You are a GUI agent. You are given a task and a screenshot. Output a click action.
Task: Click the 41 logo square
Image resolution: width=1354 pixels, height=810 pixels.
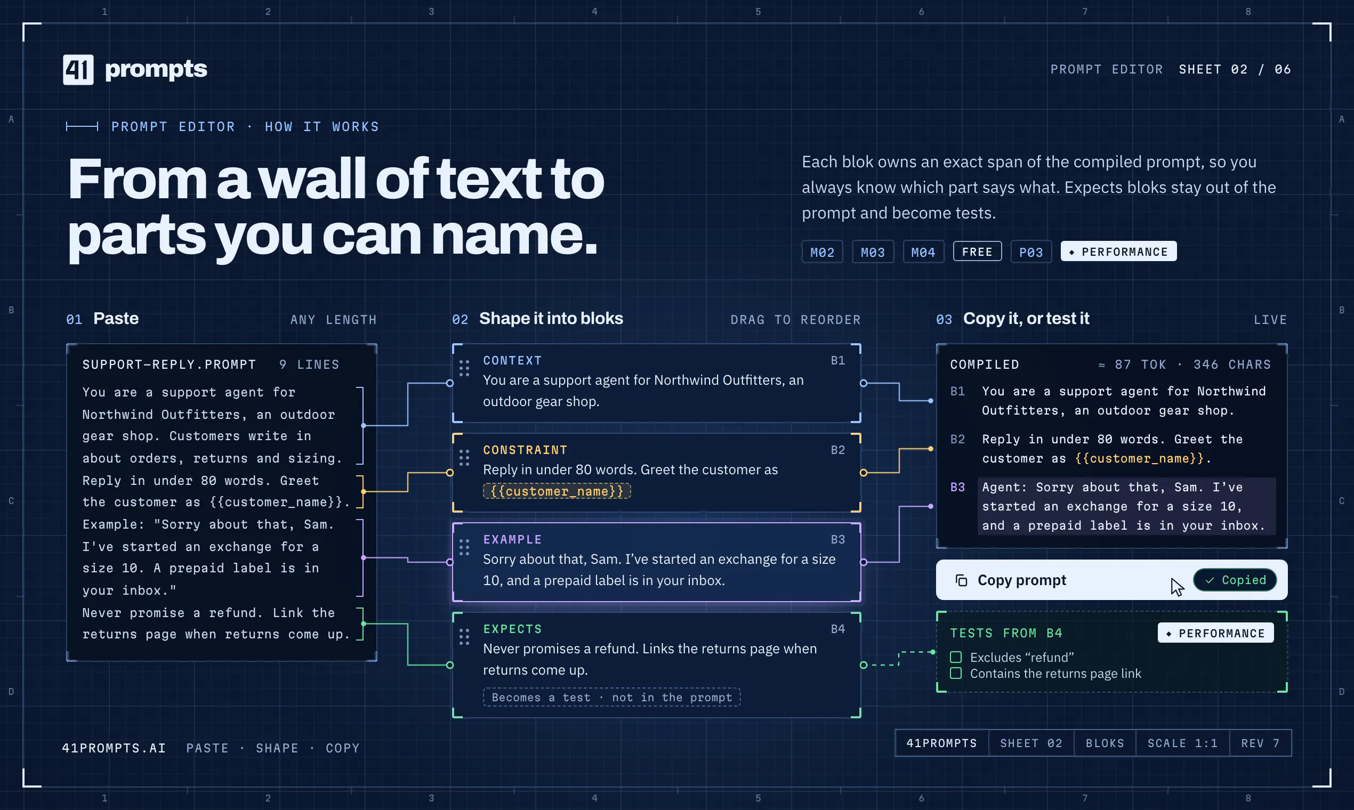pyautogui.click(x=78, y=69)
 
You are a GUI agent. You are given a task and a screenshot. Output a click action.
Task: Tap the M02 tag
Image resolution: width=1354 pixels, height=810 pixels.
pyautogui.click(x=822, y=252)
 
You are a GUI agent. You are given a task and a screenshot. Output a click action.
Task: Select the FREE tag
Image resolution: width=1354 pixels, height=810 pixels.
pyautogui.click(x=977, y=251)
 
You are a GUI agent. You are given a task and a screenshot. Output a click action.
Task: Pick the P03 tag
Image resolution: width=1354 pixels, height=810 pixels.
pyautogui.click(x=1031, y=252)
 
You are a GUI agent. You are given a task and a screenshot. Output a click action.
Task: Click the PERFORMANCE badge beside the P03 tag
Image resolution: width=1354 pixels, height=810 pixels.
pyautogui.click(x=1118, y=251)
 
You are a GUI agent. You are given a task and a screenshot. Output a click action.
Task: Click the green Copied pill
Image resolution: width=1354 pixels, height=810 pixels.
pyautogui.click(x=1235, y=580)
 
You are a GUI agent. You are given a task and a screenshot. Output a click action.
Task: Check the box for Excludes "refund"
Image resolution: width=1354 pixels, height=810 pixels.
pyautogui.click(x=955, y=657)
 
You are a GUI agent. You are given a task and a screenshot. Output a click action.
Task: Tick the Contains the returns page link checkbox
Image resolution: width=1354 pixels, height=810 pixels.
pyautogui.click(x=955, y=674)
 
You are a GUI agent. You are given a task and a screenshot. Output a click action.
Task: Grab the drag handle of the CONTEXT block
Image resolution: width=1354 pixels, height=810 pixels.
pyautogui.click(x=464, y=368)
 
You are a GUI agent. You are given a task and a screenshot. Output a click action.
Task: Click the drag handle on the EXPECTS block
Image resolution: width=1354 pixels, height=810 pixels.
pyautogui.click(x=464, y=636)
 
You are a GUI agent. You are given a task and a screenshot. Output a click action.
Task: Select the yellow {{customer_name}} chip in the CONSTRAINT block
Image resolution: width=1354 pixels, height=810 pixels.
pyautogui.click(x=557, y=491)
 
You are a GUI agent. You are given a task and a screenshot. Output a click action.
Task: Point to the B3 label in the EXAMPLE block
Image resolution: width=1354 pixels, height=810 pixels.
pyautogui.click(x=837, y=539)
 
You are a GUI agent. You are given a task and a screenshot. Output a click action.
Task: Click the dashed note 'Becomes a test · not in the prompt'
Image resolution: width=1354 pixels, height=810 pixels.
pyautogui.click(x=611, y=697)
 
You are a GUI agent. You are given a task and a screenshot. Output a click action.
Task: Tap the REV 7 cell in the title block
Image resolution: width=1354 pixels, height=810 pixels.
pyautogui.click(x=1260, y=743)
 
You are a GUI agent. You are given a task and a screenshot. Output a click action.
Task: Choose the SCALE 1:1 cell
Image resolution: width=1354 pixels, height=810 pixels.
pyautogui.click(x=1182, y=743)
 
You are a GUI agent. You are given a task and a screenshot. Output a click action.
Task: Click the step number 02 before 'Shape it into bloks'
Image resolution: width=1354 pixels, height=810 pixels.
pyautogui.click(x=460, y=319)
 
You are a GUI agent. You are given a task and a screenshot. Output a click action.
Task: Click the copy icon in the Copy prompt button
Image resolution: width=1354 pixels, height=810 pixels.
pyautogui.click(x=962, y=580)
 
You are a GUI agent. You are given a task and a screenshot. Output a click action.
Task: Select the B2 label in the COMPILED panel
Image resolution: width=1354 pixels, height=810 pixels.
pyautogui.click(x=957, y=440)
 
